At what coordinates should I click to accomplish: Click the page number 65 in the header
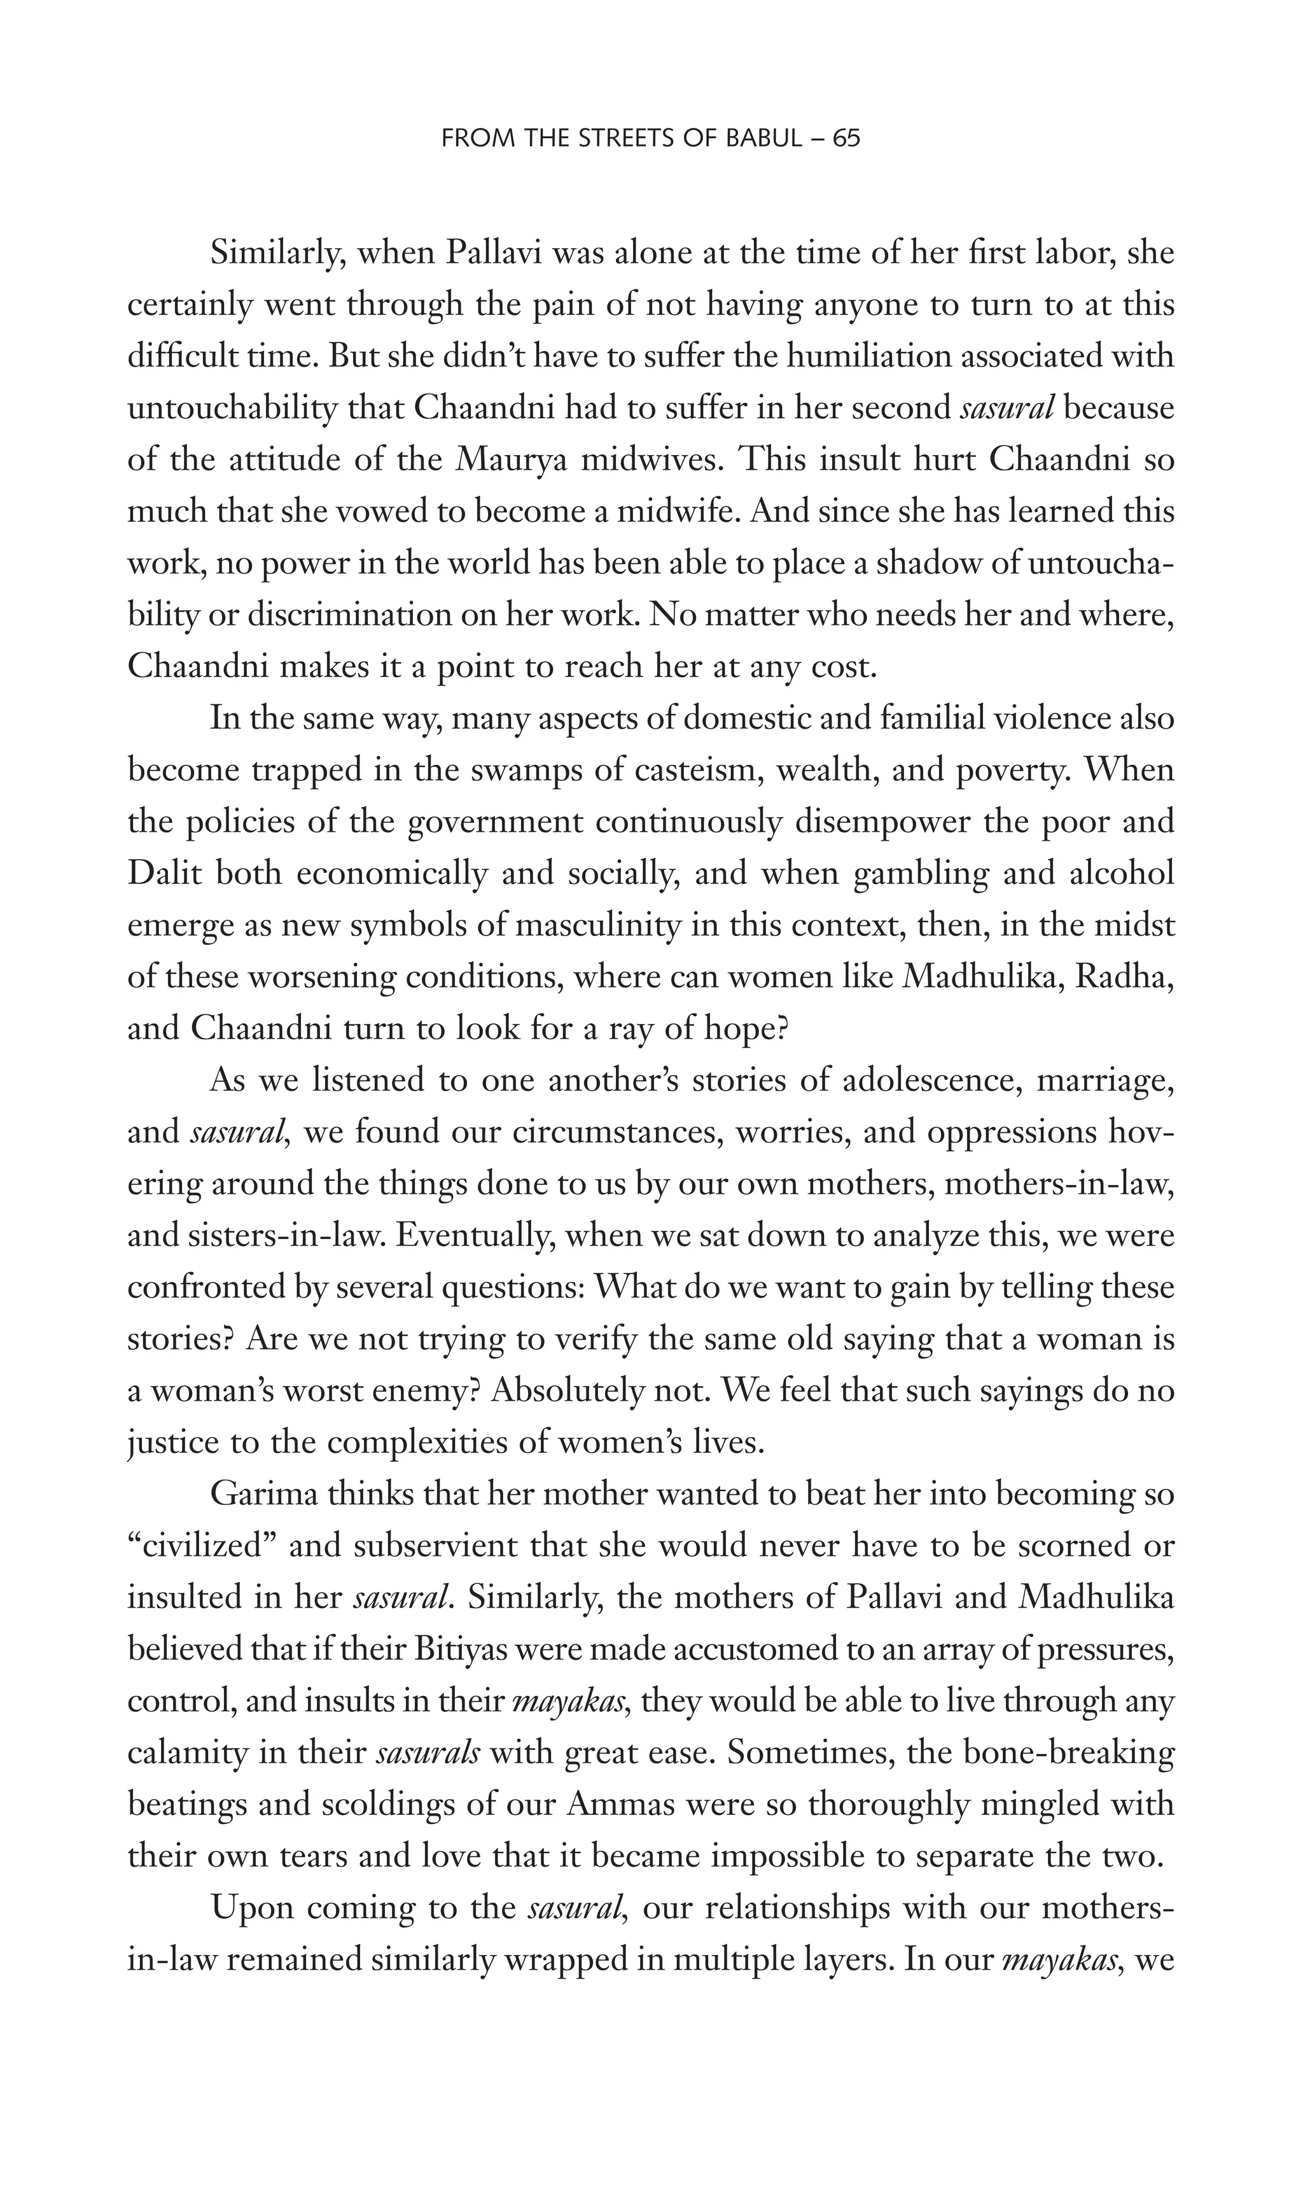tap(846, 139)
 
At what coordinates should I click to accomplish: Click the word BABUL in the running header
tap(762, 139)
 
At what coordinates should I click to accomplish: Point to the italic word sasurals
tap(428, 1753)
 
